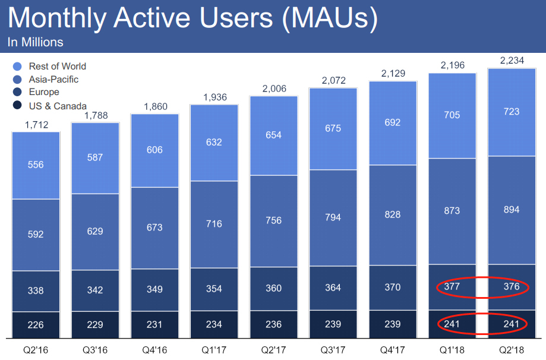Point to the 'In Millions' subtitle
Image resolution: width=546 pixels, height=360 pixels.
pyautogui.click(x=35, y=43)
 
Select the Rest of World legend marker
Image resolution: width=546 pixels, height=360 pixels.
pyautogui.click(x=17, y=67)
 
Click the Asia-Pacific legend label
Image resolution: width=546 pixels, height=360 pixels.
pyautogui.click(x=53, y=80)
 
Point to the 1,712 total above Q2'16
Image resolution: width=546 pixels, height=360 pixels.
pyautogui.click(x=36, y=124)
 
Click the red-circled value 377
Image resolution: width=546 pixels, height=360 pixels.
pyautogui.click(x=452, y=288)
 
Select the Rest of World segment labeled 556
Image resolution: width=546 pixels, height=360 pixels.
pyautogui.click(x=36, y=165)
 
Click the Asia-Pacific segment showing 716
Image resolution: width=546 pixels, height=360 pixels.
pyautogui.click(x=214, y=224)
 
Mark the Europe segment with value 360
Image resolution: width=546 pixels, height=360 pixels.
pyautogui.click(x=273, y=289)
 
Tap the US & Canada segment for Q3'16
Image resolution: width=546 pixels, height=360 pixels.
pyautogui.click(x=95, y=324)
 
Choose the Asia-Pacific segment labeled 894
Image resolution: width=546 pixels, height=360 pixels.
pyautogui.click(x=511, y=210)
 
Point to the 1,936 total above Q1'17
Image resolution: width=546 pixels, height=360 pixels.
pyautogui.click(x=214, y=97)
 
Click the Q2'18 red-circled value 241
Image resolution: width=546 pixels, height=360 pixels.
pyautogui.click(x=511, y=324)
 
